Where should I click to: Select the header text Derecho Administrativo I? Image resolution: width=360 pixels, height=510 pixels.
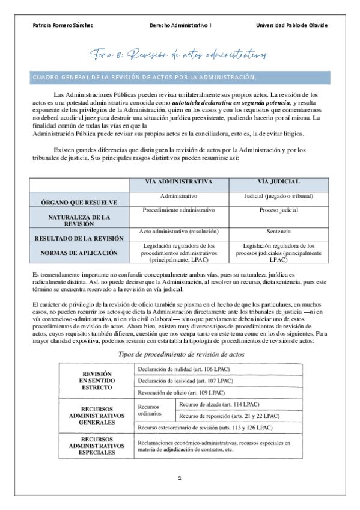[x=180, y=25]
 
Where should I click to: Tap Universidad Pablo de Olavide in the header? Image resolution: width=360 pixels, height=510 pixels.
[x=291, y=25]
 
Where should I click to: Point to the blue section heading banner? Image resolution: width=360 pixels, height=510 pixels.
[x=180, y=78]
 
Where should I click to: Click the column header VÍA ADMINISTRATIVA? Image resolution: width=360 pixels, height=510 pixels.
[x=179, y=182]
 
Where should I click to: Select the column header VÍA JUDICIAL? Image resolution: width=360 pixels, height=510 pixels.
[x=278, y=182]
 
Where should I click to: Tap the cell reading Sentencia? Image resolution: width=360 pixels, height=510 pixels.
[x=278, y=231]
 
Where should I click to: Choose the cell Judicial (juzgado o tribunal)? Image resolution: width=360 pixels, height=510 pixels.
[x=278, y=196]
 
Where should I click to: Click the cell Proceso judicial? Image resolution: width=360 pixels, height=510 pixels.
[x=278, y=210]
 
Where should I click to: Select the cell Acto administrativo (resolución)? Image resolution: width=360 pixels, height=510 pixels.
[x=179, y=231]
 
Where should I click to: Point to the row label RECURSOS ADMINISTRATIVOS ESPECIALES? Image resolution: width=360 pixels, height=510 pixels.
[x=97, y=446]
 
